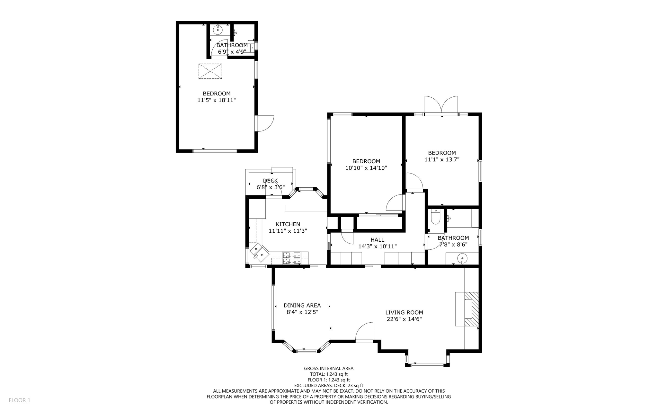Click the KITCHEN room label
(288, 224)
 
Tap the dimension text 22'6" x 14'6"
(404, 319)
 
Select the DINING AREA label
(302, 305)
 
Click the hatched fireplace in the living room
(471, 309)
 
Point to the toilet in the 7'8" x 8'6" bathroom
(435, 217)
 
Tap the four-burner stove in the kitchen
(291, 258)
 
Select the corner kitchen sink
(259, 251)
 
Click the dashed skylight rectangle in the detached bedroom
(210, 71)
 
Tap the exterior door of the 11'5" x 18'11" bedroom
(264, 123)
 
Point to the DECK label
(270, 181)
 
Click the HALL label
(377, 240)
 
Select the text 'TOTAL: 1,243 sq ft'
(329, 374)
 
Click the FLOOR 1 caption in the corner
(19, 400)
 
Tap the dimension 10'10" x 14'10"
(366, 168)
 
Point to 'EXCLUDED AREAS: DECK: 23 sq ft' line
(329, 385)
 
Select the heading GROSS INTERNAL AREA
(329, 369)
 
